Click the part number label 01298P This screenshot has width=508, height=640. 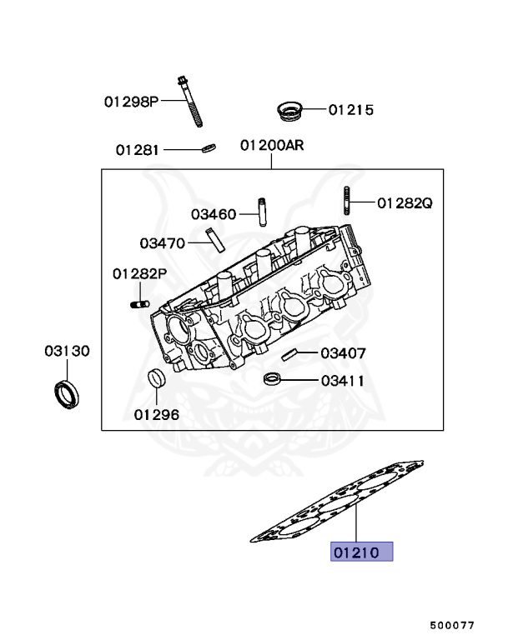(131, 102)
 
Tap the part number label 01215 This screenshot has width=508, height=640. (350, 110)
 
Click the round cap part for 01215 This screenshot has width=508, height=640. (289, 109)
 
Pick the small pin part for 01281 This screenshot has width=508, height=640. (208, 149)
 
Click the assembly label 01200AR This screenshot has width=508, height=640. (272, 145)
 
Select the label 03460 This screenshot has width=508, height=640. (214, 214)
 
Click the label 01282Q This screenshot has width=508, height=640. (405, 202)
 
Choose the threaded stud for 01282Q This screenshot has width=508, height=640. (345, 202)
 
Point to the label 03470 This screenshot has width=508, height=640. (162, 242)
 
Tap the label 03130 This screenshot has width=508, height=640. (67, 351)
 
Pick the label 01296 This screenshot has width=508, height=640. (156, 413)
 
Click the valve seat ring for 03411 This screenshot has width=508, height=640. (271, 380)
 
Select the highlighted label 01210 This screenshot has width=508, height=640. (361, 552)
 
